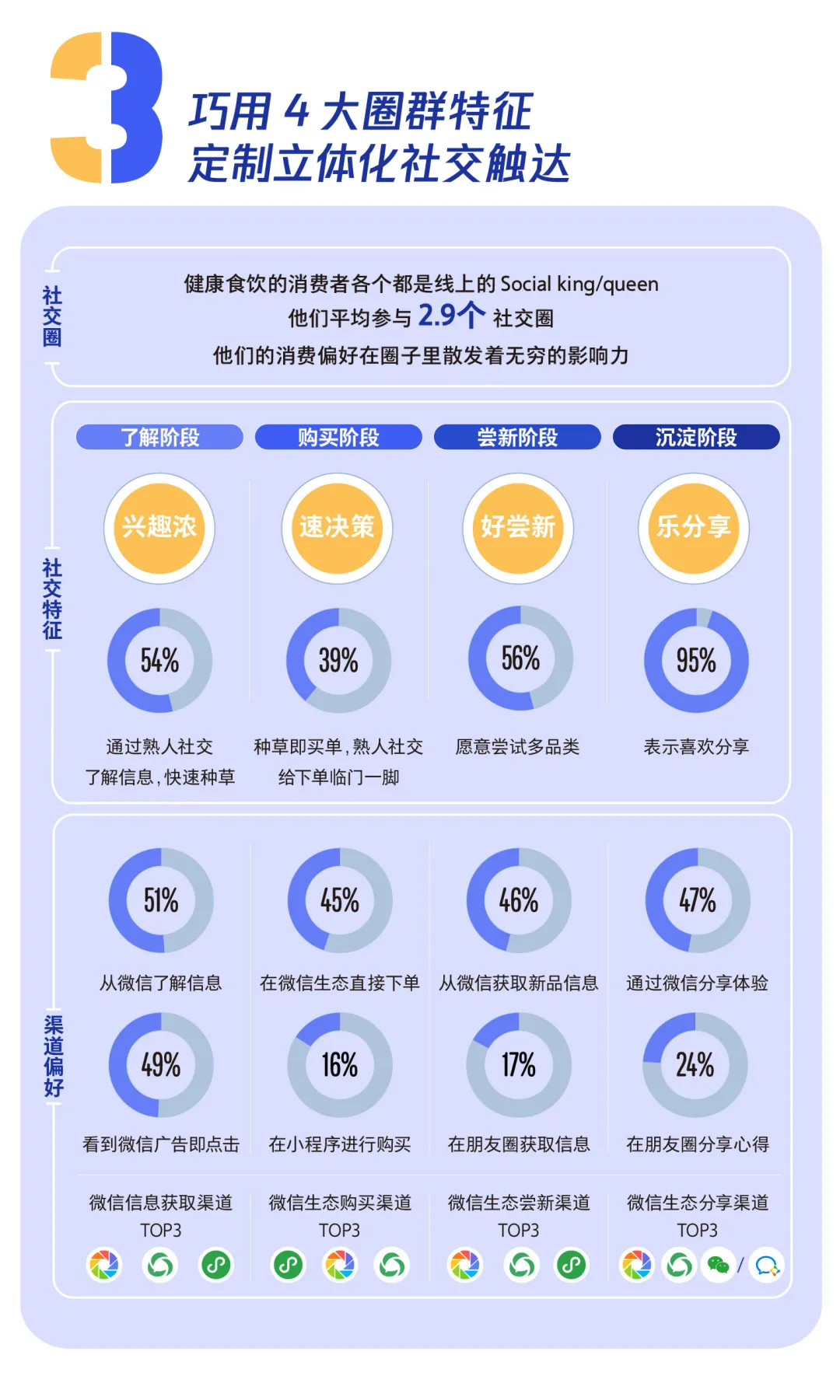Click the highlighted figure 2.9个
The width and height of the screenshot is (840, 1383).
451,316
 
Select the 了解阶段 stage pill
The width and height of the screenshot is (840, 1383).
159,437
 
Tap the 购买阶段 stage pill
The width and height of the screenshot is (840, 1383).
338,437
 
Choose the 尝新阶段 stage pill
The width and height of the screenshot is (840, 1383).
517,437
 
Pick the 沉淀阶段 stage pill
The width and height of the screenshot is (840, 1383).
696,437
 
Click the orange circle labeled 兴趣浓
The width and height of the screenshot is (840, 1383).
159,528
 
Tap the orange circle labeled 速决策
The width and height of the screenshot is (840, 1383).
337,528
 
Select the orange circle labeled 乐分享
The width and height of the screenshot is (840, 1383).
694,528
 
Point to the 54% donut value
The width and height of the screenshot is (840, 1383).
159,661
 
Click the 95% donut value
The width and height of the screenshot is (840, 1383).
696,661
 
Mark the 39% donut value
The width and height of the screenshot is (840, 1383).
338,661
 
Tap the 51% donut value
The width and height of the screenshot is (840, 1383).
161,901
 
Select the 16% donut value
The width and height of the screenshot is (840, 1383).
340,1065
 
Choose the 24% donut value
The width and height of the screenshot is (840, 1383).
695,1065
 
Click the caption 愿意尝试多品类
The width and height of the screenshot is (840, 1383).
517,747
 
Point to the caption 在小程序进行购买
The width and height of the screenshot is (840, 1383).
340,1144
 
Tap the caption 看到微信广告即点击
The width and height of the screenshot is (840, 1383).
161,1144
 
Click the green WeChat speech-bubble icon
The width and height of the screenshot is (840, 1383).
718,1266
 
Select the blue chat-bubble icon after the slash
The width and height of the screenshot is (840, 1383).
767,1266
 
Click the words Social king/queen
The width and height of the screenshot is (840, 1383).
579,284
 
